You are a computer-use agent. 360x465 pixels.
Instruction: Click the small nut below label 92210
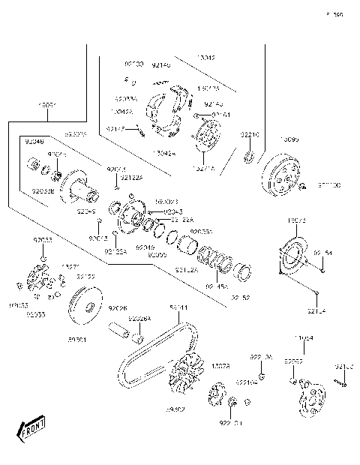point(249,157)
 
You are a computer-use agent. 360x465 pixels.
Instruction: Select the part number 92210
point(249,134)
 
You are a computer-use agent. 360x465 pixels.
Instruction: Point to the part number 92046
point(34,140)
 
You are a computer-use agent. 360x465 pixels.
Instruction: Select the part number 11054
point(303,339)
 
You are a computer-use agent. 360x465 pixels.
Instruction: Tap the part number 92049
point(145,247)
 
